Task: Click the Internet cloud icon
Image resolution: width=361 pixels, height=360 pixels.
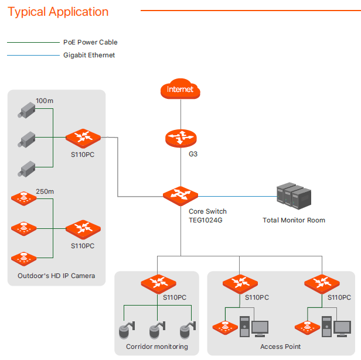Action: (x=180, y=90)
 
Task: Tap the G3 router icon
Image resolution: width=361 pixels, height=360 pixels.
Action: (x=181, y=138)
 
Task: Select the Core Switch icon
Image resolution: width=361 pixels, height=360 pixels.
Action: (x=181, y=196)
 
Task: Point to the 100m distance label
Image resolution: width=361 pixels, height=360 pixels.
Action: (x=45, y=101)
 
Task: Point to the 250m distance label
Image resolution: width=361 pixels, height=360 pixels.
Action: (x=45, y=191)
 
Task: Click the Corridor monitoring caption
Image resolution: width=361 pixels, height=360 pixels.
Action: (x=157, y=347)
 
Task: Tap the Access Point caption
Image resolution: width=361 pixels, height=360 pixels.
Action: (x=280, y=347)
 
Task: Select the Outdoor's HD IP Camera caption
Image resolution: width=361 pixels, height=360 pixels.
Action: (x=56, y=276)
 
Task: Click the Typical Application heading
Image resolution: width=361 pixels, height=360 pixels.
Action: (x=58, y=12)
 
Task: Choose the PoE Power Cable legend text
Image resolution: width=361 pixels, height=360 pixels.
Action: (x=90, y=42)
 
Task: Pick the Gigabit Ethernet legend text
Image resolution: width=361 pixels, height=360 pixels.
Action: (x=89, y=55)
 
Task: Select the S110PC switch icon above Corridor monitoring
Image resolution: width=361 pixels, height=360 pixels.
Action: (x=158, y=284)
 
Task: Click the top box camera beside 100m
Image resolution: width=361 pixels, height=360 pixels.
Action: (x=26, y=109)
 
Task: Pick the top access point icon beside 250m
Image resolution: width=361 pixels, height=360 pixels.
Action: (x=24, y=198)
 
